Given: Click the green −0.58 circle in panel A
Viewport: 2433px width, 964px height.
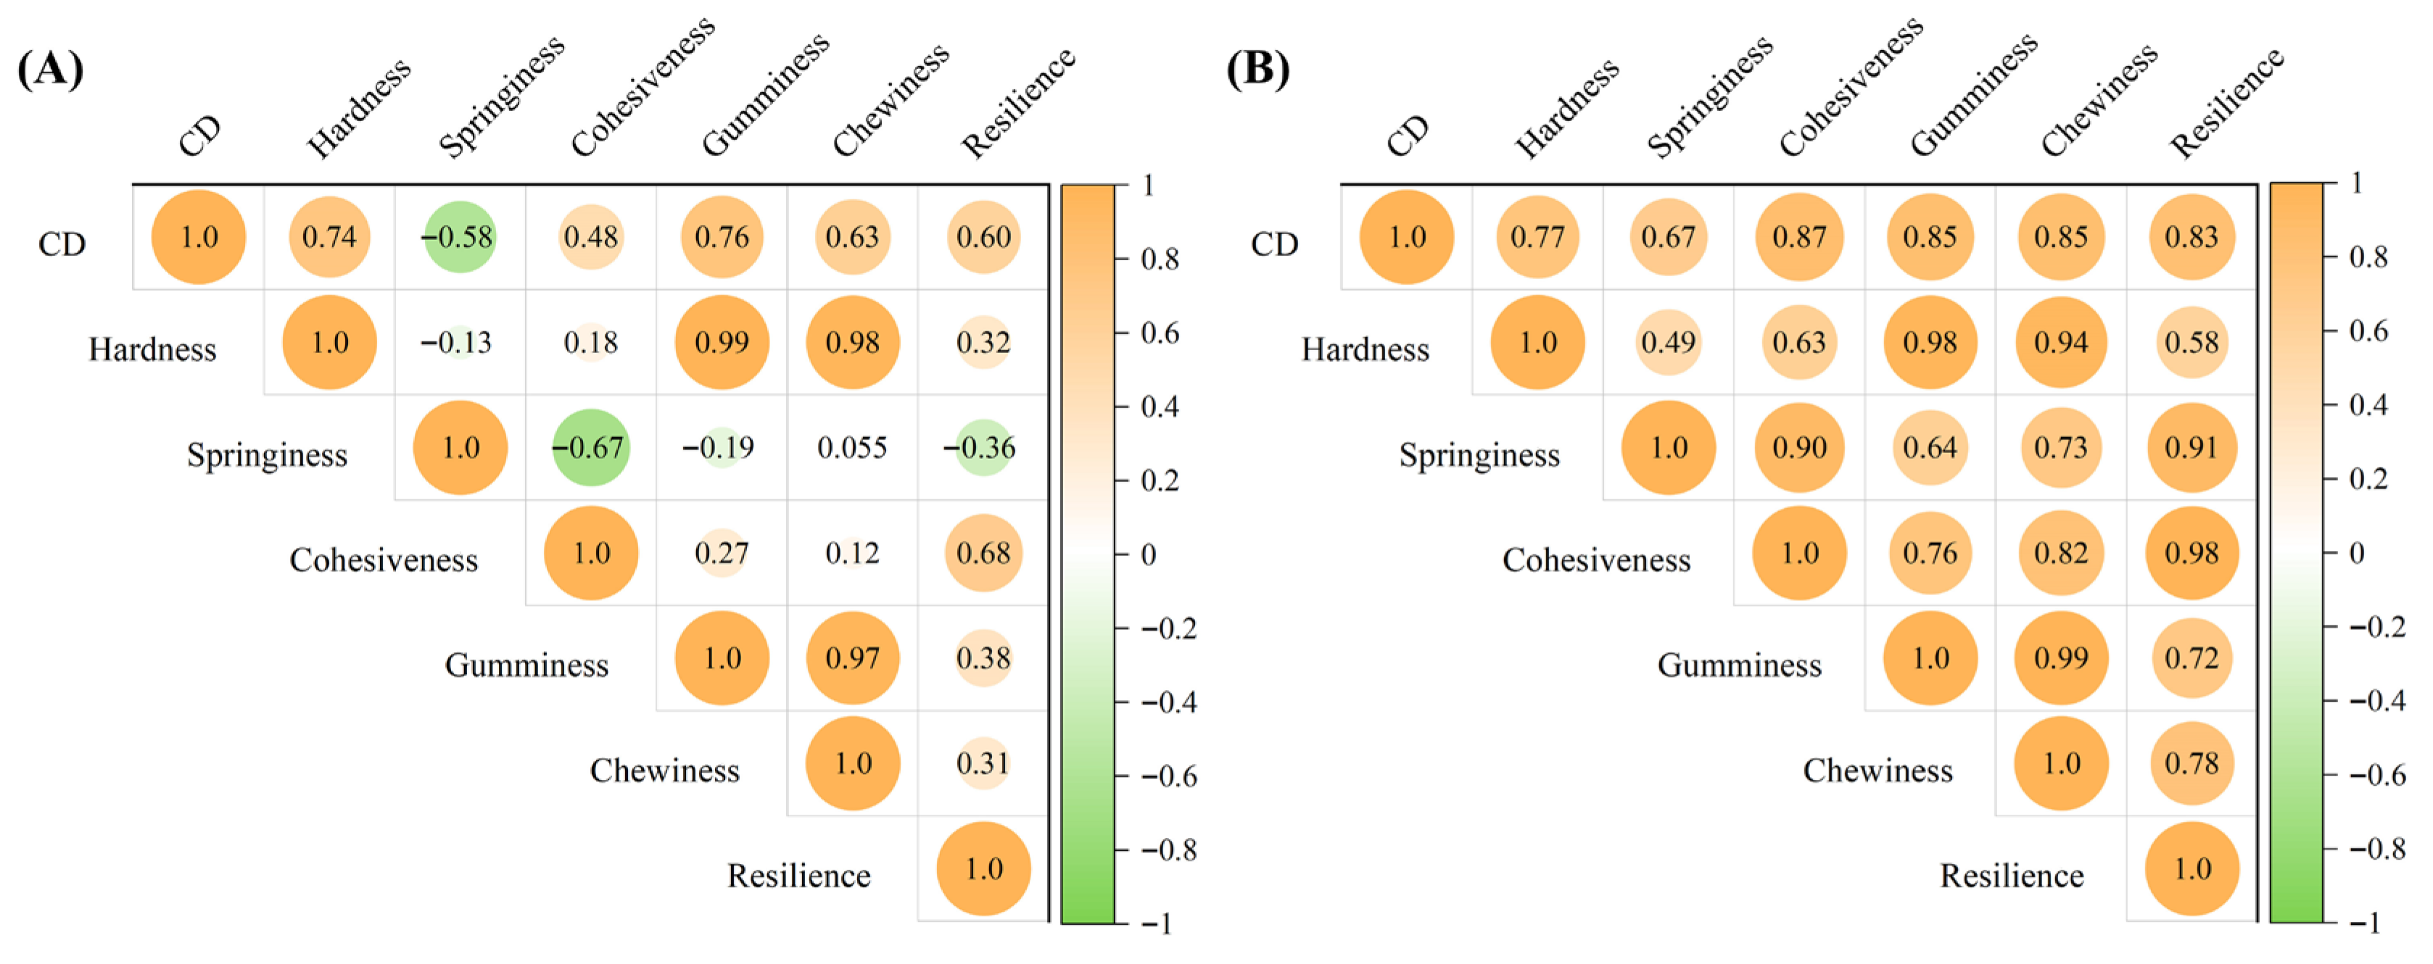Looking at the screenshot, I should [459, 237].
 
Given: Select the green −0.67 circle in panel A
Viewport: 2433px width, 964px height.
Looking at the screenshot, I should [590, 447].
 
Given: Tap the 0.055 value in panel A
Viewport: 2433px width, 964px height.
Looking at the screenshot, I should [852, 447].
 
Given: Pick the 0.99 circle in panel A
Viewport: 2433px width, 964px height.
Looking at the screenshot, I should [722, 343].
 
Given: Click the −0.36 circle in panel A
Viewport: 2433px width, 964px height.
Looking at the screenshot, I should [983, 447].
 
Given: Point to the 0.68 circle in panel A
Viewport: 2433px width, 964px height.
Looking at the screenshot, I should [983, 553].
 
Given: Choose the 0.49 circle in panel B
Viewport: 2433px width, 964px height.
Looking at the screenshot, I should [1668, 343].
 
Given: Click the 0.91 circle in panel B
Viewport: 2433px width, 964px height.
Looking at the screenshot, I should [2192, 447].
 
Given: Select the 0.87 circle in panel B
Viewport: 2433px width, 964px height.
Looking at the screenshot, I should [1799, 237].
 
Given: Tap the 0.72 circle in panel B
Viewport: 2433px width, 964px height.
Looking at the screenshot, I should [2192, 658].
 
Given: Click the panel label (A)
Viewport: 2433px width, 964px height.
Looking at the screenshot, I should [51, 70].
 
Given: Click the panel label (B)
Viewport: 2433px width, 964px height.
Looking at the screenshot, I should [1258, 70].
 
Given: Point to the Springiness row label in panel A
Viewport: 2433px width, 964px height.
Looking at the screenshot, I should [268, 455].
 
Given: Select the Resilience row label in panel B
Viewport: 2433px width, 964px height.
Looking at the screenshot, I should [2012, 876].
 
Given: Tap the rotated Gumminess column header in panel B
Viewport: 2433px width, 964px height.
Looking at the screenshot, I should [1973, 94].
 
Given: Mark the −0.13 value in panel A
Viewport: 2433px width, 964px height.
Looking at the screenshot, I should [457, 343].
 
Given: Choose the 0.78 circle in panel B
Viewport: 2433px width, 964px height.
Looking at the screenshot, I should [2192, 764].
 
